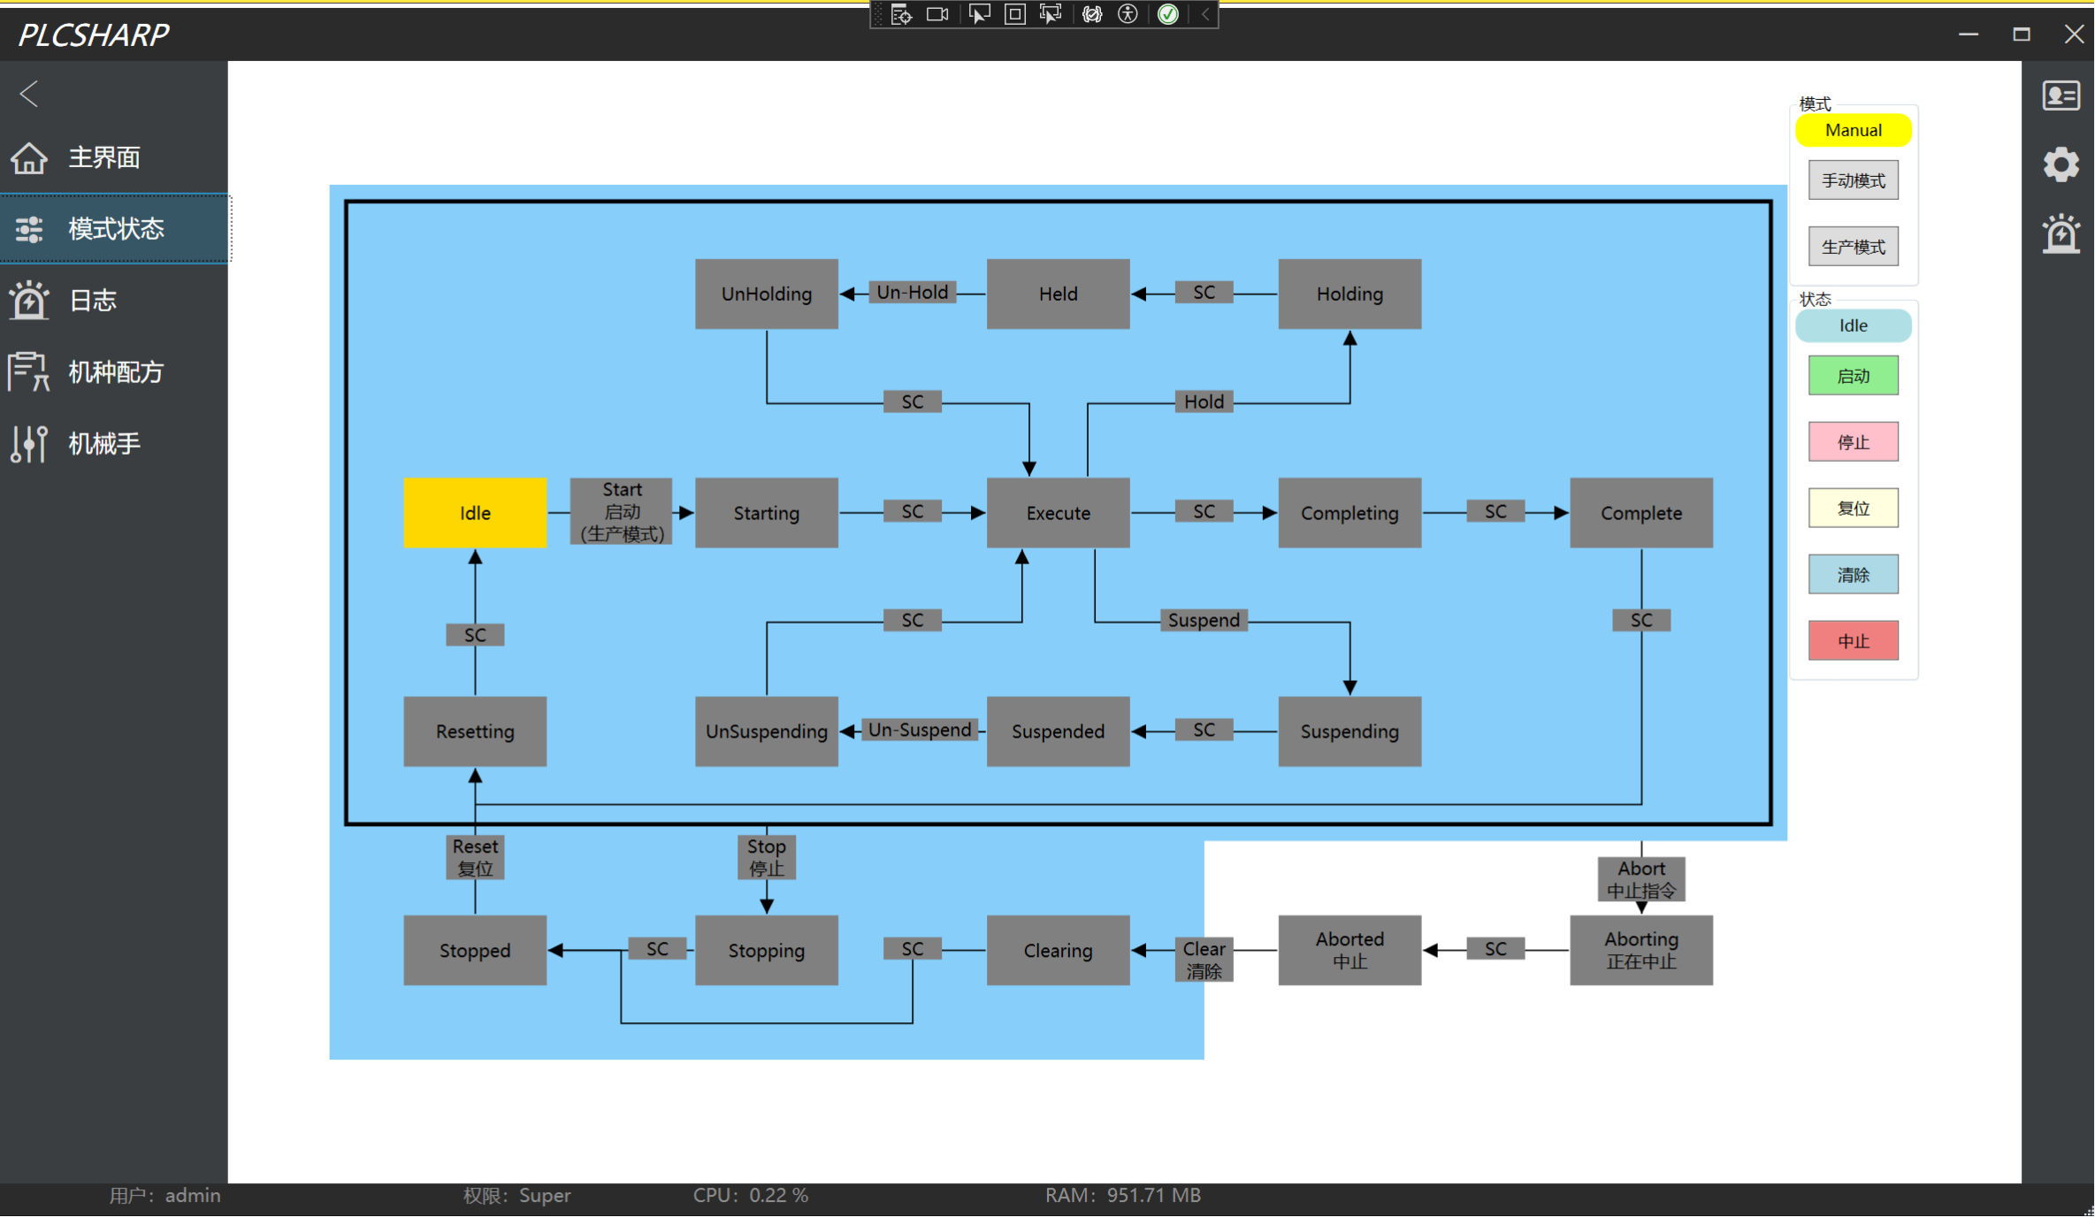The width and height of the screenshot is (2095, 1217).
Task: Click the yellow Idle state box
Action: click(475, 513)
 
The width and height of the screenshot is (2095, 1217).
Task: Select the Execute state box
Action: click(1058, 513)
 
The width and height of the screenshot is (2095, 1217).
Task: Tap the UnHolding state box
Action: click(767, 294)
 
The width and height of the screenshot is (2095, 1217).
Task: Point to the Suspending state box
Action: click(1350, 731)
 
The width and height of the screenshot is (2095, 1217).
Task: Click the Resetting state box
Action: click(475, 731)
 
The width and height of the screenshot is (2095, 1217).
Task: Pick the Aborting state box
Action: click(1641, 950)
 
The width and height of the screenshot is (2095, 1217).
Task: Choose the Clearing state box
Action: click(1058, 950)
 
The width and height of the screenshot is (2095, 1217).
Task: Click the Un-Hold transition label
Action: click(913, 293)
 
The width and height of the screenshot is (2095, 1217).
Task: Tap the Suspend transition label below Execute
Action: click(1204, 620)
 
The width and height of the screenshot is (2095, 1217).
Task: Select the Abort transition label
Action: click(1641, 879)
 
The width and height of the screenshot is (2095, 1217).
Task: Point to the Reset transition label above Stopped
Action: click(475, 857)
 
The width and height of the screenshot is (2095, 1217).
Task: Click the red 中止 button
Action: click(1854, 641)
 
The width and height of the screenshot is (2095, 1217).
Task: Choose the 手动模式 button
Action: click(1854, 180)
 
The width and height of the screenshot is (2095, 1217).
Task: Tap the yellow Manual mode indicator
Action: click(1854, 130)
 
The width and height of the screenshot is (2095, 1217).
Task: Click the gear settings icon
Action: click(2061, 165)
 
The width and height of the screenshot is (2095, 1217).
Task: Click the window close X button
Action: click(2074, 34)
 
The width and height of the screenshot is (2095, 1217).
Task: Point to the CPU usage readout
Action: click(751, 1196)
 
